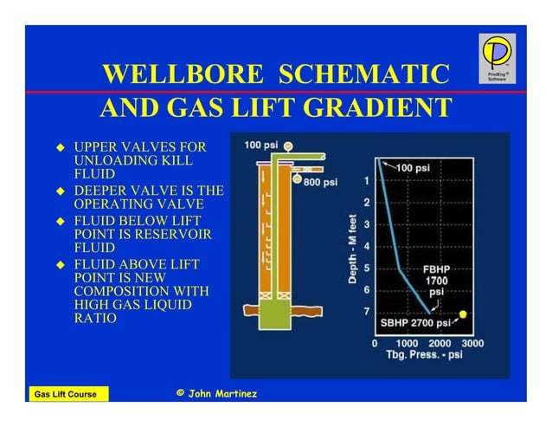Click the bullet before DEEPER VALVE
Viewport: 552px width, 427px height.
click(x=61, y=191)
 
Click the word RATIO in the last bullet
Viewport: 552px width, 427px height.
click(x=96, y=319)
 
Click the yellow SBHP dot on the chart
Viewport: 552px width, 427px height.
click(x=464, y=314)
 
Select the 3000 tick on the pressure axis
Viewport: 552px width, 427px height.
click(x=472, y=343)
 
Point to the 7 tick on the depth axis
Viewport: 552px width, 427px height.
click(x=367, y=311)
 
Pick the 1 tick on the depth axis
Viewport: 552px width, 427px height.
click(x=367, y=181)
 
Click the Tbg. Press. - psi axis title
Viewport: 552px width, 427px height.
click(x=424, y=355)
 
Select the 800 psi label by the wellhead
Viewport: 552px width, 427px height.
click(x=319, y=182)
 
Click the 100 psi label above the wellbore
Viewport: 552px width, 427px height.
click(x=260, y=144)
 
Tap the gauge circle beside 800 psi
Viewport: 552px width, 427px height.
click(x=298, y=181)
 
